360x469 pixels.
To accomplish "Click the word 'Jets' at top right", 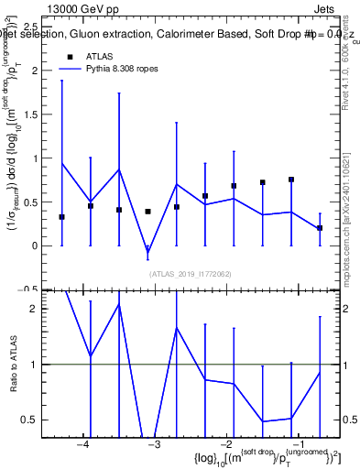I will pyautogui.click(x=337, y=7).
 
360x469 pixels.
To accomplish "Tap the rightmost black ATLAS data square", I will pyautogui.click(x=320, y=228).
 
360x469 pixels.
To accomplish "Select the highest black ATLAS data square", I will pyautogui.click(x=291, y=180).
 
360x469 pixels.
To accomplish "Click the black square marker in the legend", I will pyautogui.click(x=70, y=56).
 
